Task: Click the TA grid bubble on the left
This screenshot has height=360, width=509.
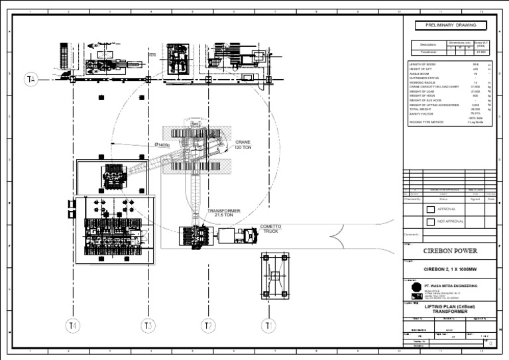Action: coord(30,80)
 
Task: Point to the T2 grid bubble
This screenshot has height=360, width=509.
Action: coord(208,326)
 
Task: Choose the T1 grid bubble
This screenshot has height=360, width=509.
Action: coord(268,326)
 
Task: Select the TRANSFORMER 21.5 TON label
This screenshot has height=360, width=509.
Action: coord(224,213)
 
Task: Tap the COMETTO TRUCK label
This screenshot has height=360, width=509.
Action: coord(270,229)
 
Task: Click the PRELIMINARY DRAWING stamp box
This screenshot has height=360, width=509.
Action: coord(450,26)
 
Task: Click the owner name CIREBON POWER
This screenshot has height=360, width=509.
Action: coord(450,251)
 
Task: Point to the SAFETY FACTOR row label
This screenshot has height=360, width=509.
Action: coord(422,113)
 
